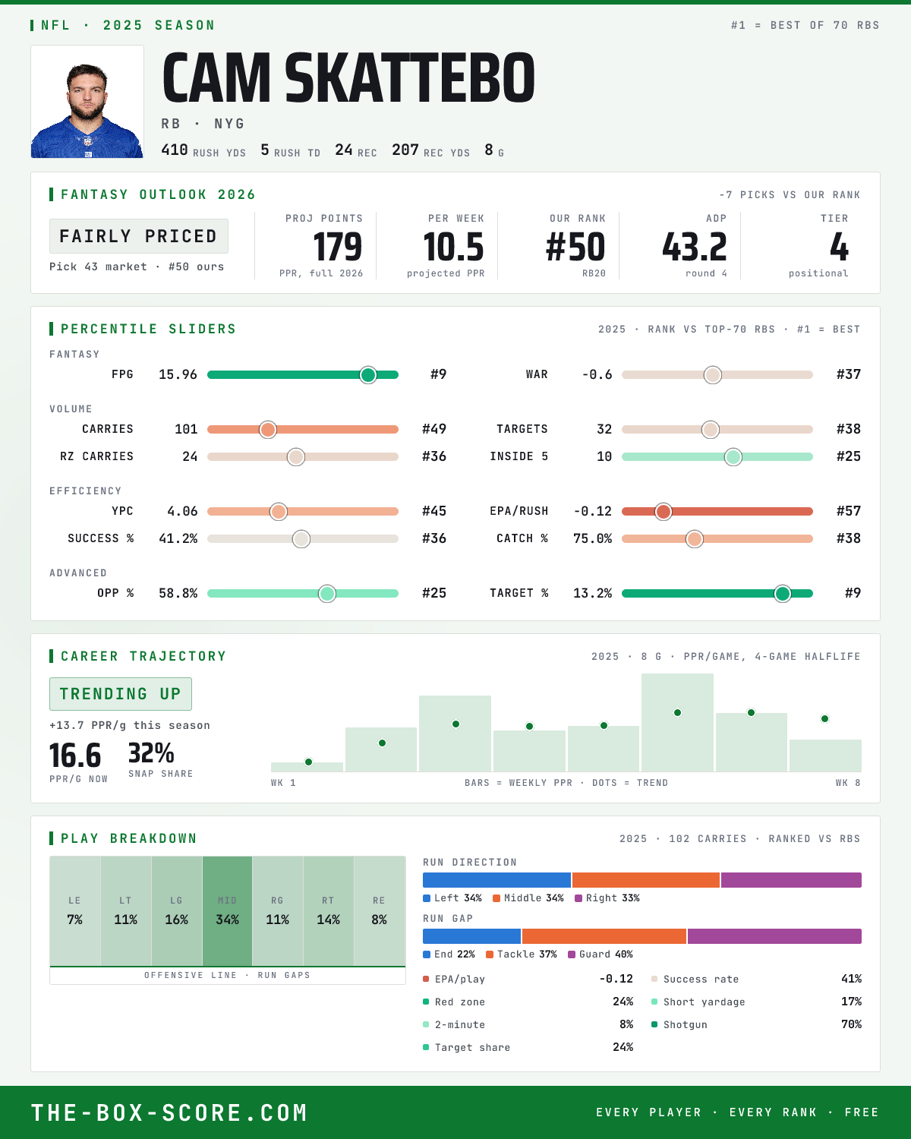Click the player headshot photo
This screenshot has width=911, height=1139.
tap(87, 102)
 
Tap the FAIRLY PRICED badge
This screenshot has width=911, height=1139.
tap(139, 236)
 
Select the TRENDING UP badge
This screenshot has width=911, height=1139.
tap(121, 694)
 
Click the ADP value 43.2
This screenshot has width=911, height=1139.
tap(694, 248)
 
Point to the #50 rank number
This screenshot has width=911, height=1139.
tap(575, 248)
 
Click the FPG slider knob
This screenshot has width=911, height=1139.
tap(368, 374)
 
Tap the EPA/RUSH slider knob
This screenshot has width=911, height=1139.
tap(664, 511)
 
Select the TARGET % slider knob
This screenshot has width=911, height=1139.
tap(783, 593)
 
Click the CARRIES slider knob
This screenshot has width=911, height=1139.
tap(268, 429)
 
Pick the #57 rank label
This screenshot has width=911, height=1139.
tap(849, 511)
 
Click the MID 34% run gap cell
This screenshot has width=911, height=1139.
tap(227, 911)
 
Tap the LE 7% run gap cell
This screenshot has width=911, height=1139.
tap(75, 911)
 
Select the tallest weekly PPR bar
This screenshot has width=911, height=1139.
tap(677, 722)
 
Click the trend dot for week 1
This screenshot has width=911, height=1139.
tap(309, 762)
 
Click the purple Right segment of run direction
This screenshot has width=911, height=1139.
tap(791, 880)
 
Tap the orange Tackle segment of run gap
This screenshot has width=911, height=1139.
tap(604, 936)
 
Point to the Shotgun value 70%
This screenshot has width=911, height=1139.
tap(851, 1024)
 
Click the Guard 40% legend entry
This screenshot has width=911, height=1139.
tap(601, 954)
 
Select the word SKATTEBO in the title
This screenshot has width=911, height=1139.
tap(410, 77)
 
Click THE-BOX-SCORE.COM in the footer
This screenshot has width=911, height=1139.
tap(169, 1112)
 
